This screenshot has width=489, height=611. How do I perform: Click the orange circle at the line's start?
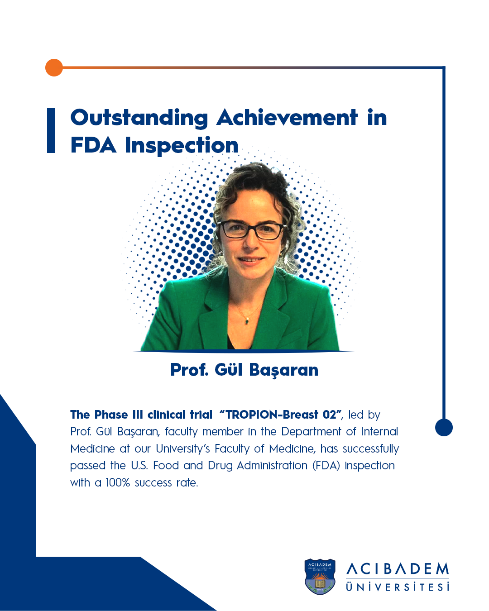[x=54, y=67]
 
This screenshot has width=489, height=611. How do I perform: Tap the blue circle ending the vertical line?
[x=444, y=427]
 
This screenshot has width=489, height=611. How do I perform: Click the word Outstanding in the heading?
[x=139, y=118]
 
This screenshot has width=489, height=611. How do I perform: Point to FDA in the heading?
[x=93, y=145]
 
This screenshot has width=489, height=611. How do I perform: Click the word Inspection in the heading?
[x=182, y=146]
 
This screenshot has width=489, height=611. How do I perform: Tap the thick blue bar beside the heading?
[x=51, y=130]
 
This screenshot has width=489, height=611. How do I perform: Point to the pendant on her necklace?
[x=247, y=321]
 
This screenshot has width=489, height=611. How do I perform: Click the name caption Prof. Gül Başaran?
[x=244, y=370]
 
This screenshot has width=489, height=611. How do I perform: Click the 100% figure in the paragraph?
[x=118, y=482]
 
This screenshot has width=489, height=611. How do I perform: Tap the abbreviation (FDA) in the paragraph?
[x=326, y=466]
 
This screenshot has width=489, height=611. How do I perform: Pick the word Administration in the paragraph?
[x=272, y=466]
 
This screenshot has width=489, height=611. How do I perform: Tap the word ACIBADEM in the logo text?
[x=397, y=569]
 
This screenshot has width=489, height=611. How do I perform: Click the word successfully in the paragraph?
[x=370, y=449]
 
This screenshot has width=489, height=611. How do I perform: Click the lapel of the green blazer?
[x=273, y=310]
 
